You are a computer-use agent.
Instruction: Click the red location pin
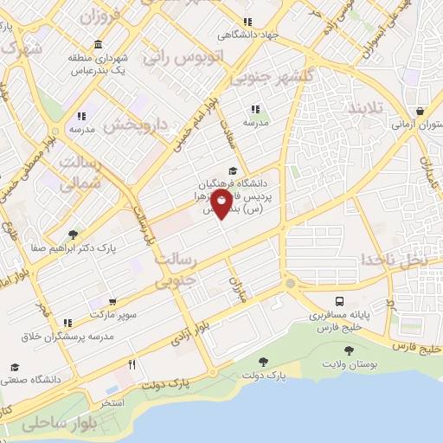221,205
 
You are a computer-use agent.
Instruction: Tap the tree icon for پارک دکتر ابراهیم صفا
72,234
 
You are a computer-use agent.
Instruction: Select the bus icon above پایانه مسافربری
340,302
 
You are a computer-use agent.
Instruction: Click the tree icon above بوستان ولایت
349,351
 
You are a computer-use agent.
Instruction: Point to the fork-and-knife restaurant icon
132,364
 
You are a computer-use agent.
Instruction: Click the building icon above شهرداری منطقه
97,44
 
